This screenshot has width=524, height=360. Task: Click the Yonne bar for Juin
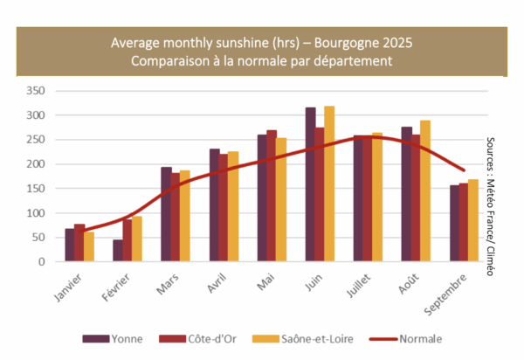point(310,184)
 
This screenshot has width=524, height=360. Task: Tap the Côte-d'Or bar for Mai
point(272,196)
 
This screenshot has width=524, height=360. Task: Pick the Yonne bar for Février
point(118,251)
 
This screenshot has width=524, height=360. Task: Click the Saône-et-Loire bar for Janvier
point(89,246)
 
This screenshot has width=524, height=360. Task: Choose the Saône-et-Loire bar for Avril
point(233,206)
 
